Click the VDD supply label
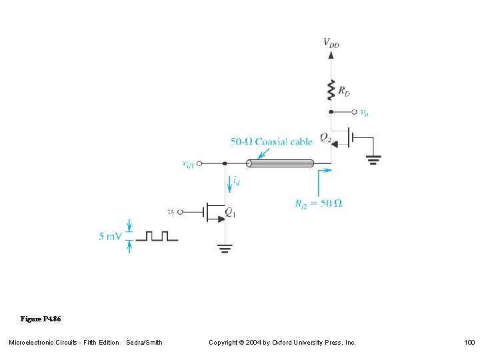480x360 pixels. click(331, 43)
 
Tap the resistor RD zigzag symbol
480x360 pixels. click(331, 89)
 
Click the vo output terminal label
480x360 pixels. click(364, 113)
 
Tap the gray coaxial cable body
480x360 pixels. click(280, 163)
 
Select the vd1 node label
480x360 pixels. click(189, 163)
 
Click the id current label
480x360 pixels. click(237, 181)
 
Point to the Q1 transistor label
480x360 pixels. click(231, 213)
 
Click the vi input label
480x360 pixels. click(172, 212)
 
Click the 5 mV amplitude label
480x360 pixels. click(111, 236)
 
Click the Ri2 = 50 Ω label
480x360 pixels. click(319, 203)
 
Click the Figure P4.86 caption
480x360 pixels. click(41, 318)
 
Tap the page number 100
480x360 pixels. click(469, 343)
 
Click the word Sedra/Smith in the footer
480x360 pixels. click(144, 343)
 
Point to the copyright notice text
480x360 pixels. click(282, 343)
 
